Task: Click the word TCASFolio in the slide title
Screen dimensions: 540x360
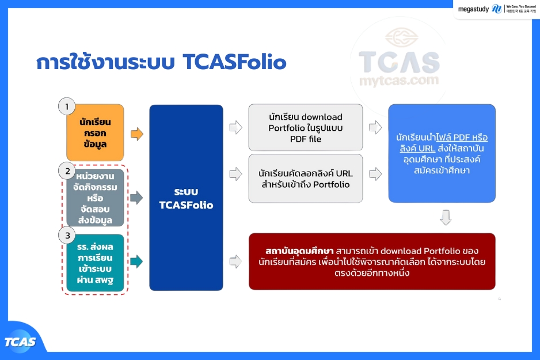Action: pos(234,62)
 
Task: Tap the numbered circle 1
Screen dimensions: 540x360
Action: pos(67,107)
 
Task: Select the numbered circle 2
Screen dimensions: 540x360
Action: pos(67,171)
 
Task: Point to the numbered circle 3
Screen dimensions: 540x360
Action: pos(67,235)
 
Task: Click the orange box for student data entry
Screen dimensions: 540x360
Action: pos(95,132)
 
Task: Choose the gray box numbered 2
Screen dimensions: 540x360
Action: pos(95,198)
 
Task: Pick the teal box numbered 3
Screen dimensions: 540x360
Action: pos(95,263)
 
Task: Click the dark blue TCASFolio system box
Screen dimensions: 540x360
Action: pos(186,198)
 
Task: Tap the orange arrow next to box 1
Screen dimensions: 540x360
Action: pos(136,134)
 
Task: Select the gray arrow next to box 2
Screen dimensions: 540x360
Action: pos(136,198)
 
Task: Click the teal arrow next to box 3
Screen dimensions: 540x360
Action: pos(136,262)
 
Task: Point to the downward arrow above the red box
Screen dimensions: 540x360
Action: pos(446,218)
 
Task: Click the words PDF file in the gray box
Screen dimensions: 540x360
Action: pos(306,139)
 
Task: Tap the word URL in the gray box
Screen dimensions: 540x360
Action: pos(344,173)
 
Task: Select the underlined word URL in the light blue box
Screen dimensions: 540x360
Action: pos(427,149)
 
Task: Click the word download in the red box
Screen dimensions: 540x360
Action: pos(401,251)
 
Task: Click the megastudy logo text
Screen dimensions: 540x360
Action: pos(473,9)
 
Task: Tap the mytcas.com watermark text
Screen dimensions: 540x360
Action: pos(399,81)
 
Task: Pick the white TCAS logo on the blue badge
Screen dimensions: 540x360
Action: pos(20,342)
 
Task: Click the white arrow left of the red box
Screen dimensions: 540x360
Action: pos(236,262)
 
